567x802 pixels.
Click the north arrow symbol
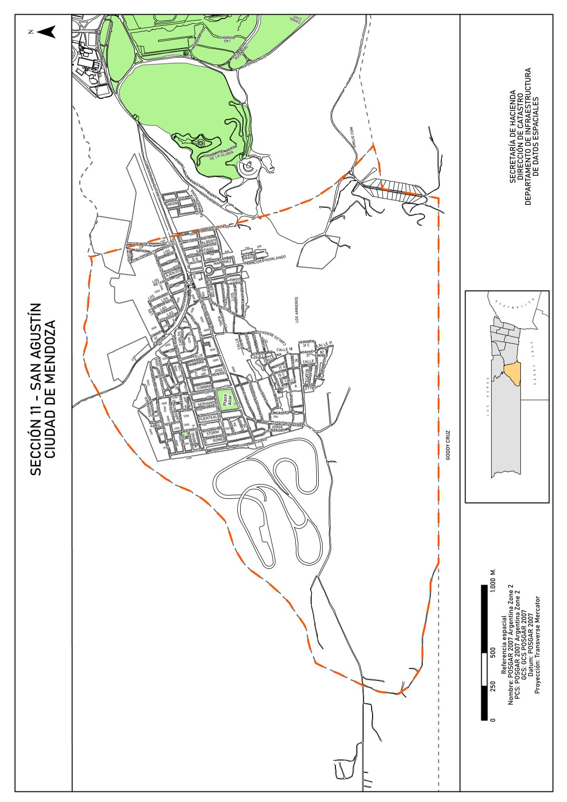click(46, 32)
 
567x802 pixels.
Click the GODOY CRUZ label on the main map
click(448, 446)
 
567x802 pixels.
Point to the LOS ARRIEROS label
click(296, 310)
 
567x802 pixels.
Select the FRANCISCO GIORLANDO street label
click(264, 260)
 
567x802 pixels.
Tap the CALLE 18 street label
click(284, 350)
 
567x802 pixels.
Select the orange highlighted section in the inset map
click(513, 374)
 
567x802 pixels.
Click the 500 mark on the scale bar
click(493, 652)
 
